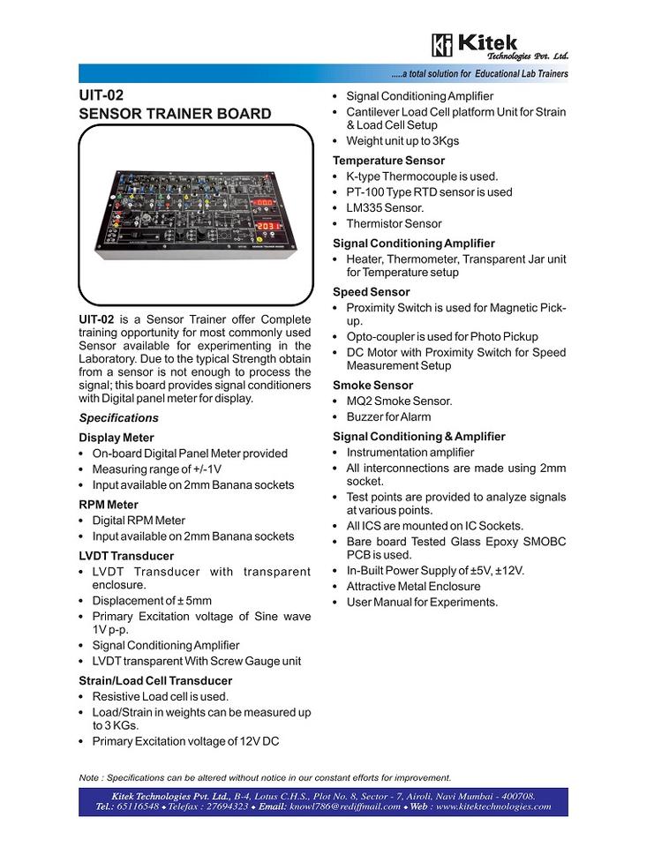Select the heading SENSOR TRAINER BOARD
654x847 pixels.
tap(175, 114)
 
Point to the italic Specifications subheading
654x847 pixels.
tap(119, 418)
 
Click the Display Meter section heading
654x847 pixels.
tap(117, 438)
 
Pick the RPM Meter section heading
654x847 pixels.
tap(109, 505)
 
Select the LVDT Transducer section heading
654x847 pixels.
tap(126, 556)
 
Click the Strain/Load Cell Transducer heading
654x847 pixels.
tap(155, 680)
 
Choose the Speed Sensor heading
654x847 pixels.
tap(371, 292)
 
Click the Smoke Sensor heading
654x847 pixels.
tap(372, 386)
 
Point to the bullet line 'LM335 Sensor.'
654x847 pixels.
tap(385, 208)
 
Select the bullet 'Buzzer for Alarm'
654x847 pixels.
tap(388, 416)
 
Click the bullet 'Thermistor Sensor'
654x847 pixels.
tap(394, 224)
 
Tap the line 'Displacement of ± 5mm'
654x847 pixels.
tap(152, 601)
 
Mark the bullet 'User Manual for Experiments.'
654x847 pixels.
tap(422, 603)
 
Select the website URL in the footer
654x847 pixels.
tap(492, 806)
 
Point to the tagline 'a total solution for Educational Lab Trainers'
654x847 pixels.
tap(482, 73)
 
